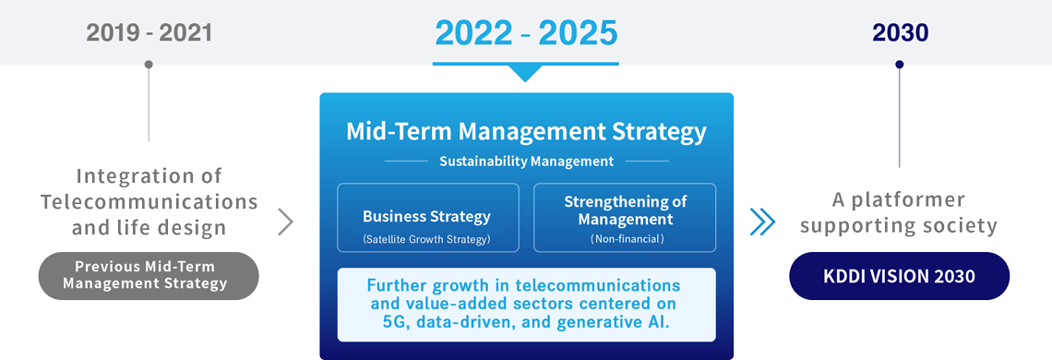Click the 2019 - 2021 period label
[x=149, y=33]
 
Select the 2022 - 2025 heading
[x=525, y=33]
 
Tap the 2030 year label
[x=900, y=33]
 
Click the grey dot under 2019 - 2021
[x=149, y=65]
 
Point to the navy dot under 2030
[x=900, y=65]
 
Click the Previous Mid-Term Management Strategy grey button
[x=149, y=275]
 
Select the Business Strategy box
[x=426, y=218]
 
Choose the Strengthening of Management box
[x=625, y=218]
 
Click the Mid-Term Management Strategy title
[x=526, y=131]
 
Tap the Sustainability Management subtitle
[x=526, y=162]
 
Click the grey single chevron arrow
[x=285, y=222]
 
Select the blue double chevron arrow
[x=762, y=222]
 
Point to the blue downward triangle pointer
[x=525, y=73]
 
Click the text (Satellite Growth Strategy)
[x=426, y=238]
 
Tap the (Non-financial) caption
[x=626, y=238]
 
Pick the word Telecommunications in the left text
[x=149, y=201]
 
